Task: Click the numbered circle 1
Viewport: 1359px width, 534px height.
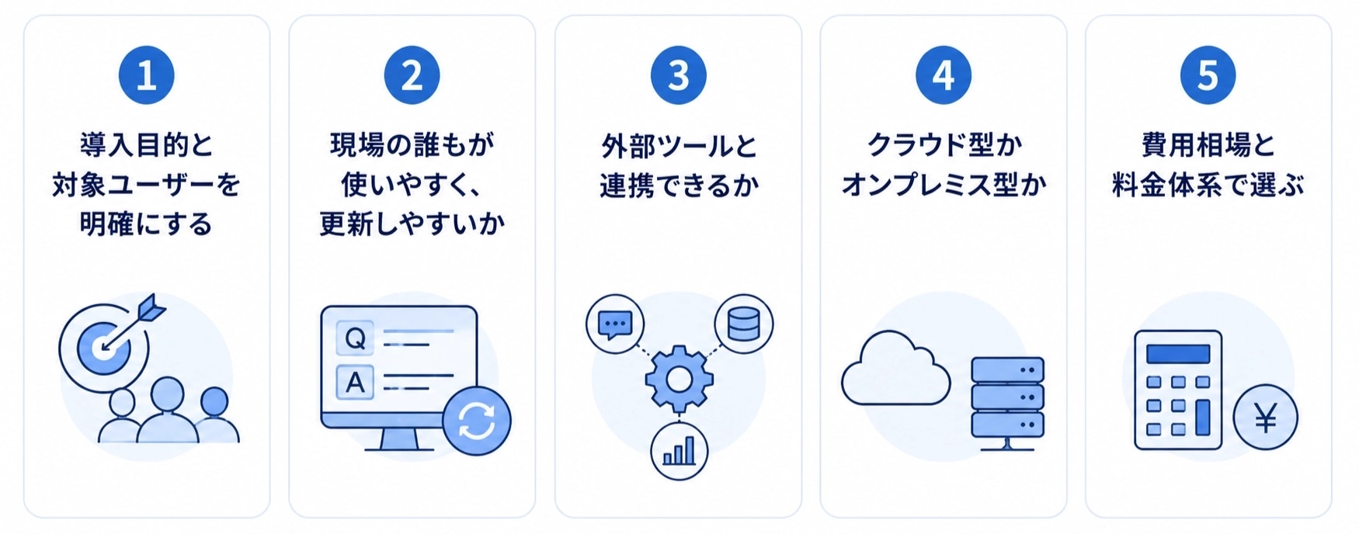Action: click(x=146, y=75)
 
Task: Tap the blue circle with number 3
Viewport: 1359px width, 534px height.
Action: click(x=678, y=75)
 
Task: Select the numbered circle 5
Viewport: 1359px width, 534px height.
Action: click(x=1208, y=75)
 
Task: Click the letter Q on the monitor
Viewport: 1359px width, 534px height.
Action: click(x=355, y=338)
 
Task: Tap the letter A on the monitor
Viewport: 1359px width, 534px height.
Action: click(x=355, y=383)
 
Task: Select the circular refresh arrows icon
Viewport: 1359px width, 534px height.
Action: click(x=477, y=421)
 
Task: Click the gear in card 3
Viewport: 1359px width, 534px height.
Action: click(x=679, y=379)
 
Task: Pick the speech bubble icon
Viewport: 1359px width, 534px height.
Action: click(x=616, y=324)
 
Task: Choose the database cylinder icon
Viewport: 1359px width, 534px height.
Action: click(x=743, y=324)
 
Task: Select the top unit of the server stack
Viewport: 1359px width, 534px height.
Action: click(x=1007, y=369)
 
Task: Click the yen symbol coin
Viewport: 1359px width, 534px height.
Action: click(x=1266, y=418)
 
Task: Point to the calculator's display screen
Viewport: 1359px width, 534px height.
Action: click(x=1178, y=354)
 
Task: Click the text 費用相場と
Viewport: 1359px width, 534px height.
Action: click(x=1208, y=145)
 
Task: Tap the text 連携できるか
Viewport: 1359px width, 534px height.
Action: click(x=679, y=186)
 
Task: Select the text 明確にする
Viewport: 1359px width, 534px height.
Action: click(x=146, y=224)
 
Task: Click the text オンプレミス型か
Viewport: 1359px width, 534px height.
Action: click(x=944, y=186)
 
